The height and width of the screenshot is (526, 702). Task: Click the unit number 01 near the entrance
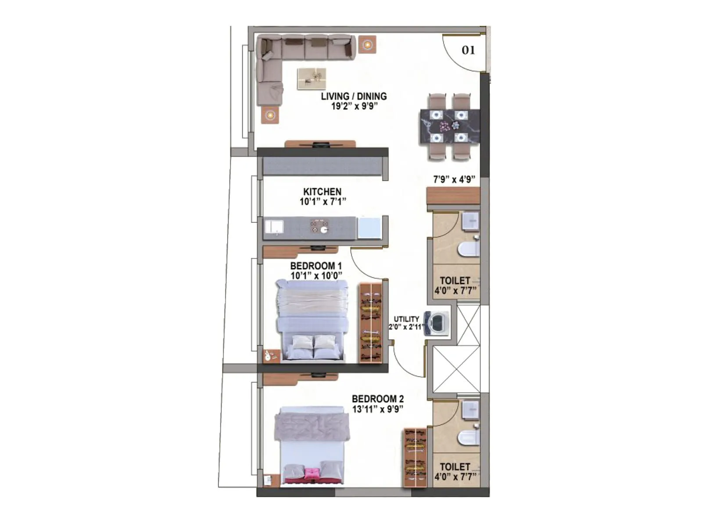coord(468,50)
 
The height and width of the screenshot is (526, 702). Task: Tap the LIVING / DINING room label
coord(354,96)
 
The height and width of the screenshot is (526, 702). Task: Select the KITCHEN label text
coord(322,192)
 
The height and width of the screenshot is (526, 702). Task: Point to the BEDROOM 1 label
coord(316,266)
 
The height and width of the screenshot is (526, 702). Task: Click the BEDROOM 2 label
coord(378,399)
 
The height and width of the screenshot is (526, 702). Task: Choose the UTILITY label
coord(406,319)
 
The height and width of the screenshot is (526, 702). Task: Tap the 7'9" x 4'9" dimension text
coord(455,179)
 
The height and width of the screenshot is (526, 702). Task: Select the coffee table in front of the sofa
coord(312,78)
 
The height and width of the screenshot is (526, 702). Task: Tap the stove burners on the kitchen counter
coord(319,227)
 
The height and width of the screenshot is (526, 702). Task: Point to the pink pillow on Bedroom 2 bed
coord(312,473)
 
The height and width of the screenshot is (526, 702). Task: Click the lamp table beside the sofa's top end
coord(367,44)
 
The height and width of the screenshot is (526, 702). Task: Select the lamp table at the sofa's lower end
coord(270,115)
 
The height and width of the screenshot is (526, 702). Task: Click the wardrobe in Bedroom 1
coord(371,323)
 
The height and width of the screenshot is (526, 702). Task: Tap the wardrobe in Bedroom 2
coord(415,457)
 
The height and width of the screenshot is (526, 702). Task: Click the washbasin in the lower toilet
coord(470,409)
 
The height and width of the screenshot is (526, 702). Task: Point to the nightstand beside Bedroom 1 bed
coord(271,355)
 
